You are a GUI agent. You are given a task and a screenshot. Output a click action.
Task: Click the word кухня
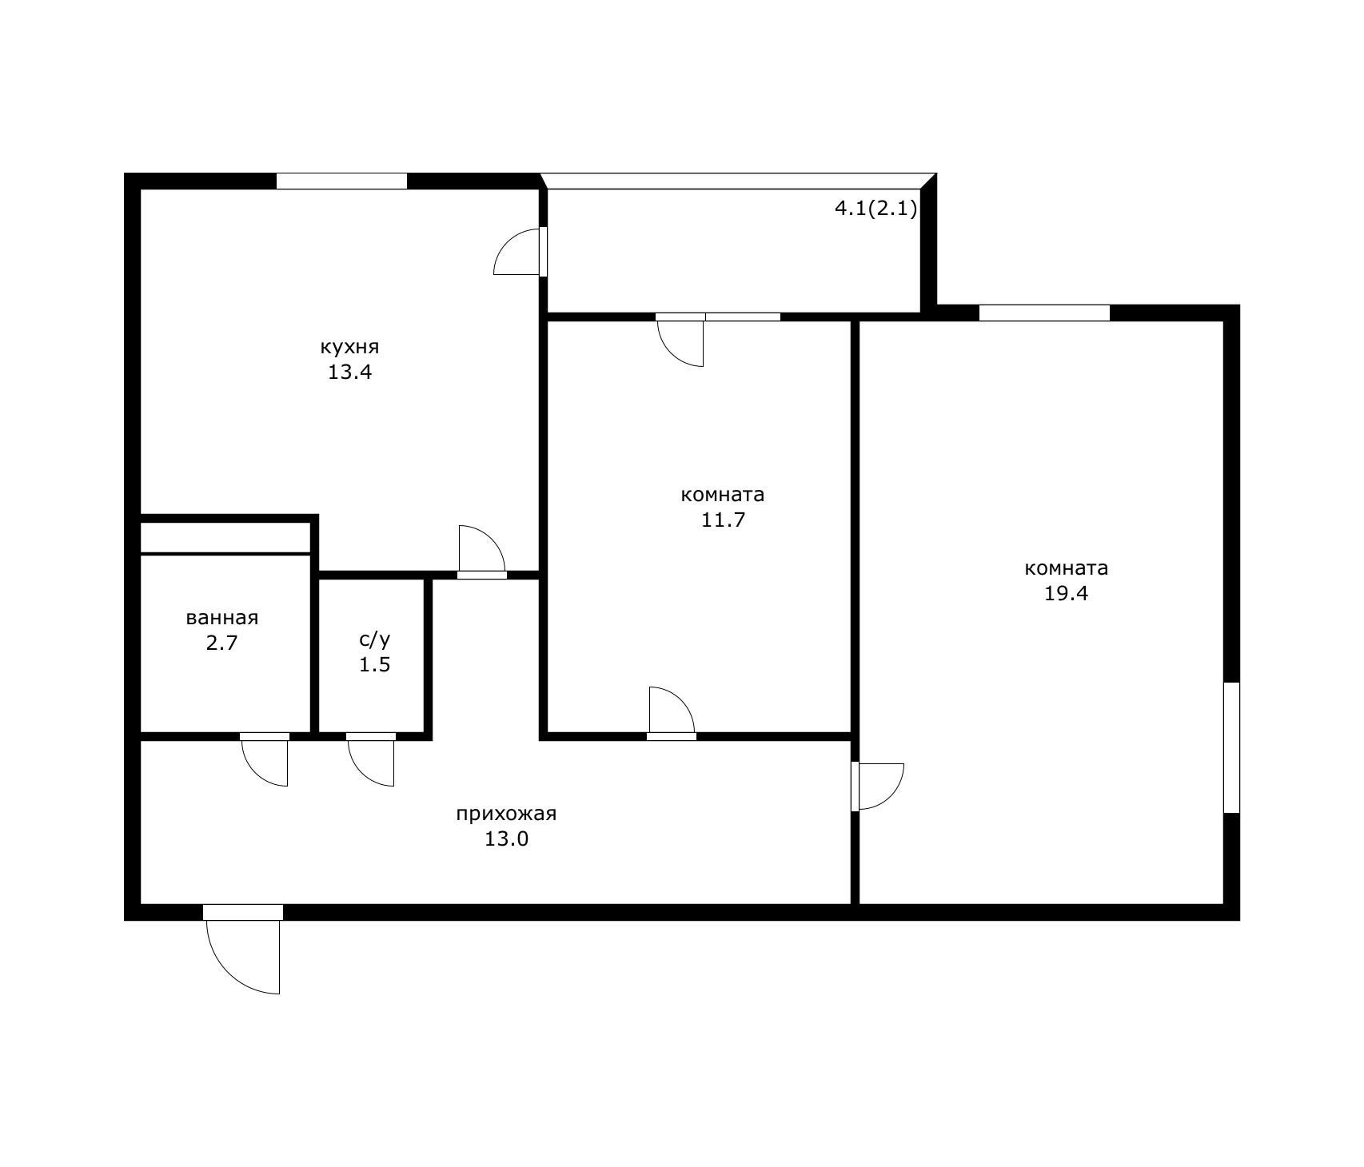pyautogui.click(x=349, y=348)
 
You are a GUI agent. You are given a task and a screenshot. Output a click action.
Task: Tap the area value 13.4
pyautogui.click(x=349, y=372)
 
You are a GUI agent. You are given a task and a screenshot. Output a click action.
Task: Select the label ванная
pyautogui.click(x=222, y=618)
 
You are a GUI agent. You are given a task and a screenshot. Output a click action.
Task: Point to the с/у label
pyautogui.click(x=374, y=639)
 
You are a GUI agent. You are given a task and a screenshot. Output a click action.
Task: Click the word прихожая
pyautogui.click(x=506, y=815)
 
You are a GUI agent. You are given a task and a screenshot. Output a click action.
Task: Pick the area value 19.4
pyautogui.click(x=1067, y=593)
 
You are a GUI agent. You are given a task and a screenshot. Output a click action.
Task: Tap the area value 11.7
pyautogui.click(x=723, y=520)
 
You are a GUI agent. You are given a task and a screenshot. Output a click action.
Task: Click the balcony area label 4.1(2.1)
pyautogui.click(x=875, y=209)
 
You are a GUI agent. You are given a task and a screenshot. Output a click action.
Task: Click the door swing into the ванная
pyautogui.click(x=265, y=763)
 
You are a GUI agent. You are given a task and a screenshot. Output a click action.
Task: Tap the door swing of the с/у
pyautogui.click(x=371, y=763)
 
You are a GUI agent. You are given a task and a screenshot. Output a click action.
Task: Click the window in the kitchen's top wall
pyautogui.click(x=341, y=181)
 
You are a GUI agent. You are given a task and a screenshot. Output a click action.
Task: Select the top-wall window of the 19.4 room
pyautogui.click(x=1044, y=313)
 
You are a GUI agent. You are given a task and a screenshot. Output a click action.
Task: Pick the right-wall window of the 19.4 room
pyautogui.click(x=1232, y=747)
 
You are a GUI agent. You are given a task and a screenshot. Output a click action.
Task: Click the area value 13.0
pyautogui.click(x=506, y=839)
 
